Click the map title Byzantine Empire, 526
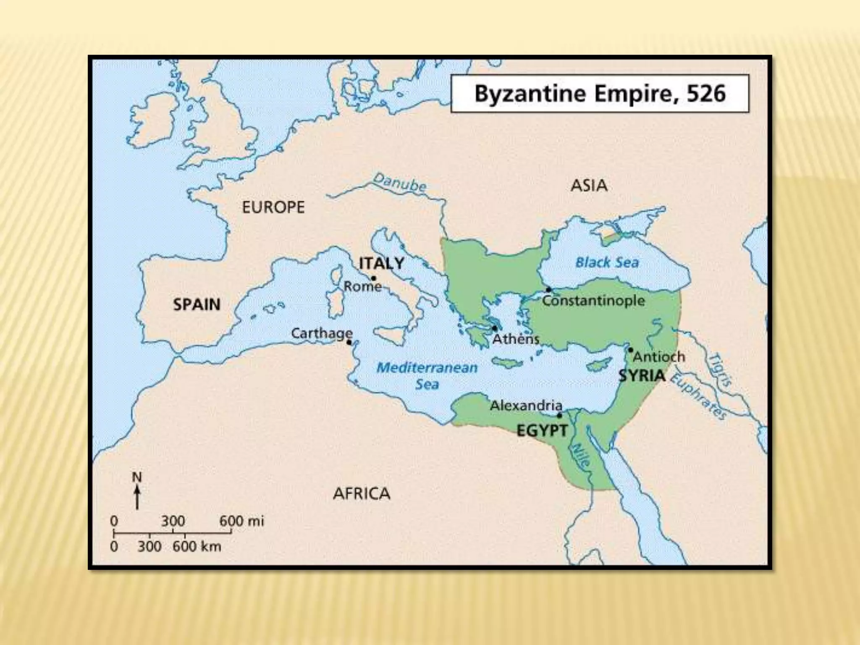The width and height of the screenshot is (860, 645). pyautogui.click(x=600, y=93)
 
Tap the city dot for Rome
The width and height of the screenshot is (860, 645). pyautogui.click(x=373, y=278)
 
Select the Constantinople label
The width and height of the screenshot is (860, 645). pyautogui.click(x=593, y=301)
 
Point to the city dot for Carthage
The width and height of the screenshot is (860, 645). pyautogui.click(x=349, y=342)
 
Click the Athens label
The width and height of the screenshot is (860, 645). pyautogui.click(x=516, y=339)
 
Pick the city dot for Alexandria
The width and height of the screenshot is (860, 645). pyautogui.click(x=559, y=415)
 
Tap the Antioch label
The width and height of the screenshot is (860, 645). pyautogui.click(x=659, y=357)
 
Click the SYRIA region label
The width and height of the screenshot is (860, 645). pyautogui.click(x=642, y=375)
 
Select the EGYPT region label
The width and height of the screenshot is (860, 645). pyautogui.click(x=542, y=431)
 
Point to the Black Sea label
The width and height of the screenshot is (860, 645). pyautogui.click(x=607, y=263)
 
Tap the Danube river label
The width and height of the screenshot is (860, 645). pyautogui.click(x=399, y=184)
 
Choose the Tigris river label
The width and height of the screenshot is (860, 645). pyautogui.click(x=721, y=370)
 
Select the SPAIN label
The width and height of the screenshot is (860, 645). pyautogui.click(x=197, y=304)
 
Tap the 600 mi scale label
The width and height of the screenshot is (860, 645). pyautogui.click(x=242, y=521)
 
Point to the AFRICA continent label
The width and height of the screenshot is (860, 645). pyautogui.click(x=362, y=493)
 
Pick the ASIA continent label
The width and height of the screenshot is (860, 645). pyautogui.click(x=589, y=185)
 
